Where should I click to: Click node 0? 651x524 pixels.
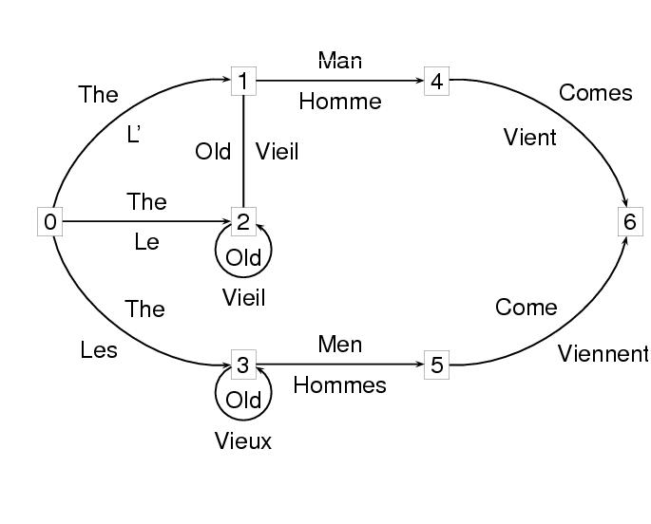pos(50,222)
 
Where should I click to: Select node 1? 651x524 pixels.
pos(243,81)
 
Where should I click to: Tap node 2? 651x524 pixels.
pos(243,222)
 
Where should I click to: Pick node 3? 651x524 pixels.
pos(243,365)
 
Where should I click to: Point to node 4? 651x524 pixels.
pos(436,81)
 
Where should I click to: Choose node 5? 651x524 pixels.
pos(436,365)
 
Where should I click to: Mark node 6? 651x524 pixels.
pos(628,222)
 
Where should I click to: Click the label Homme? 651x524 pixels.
pos(340,102)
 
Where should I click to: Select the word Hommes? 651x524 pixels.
pos(340,385)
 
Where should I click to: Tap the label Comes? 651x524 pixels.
pos(596,93)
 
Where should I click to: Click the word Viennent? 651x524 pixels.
pos(603,355)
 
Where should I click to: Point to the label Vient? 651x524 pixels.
pos(530,138)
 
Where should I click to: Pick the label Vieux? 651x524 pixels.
pos(243,441)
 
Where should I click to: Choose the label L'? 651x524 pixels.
pos(134,135)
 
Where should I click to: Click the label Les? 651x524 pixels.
pos(99,350)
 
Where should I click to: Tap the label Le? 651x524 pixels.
pos(146,242)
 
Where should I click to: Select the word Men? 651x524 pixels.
pos(340,344)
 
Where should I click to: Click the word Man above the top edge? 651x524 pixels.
pos(340,61)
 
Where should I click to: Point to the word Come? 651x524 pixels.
pos(527,308)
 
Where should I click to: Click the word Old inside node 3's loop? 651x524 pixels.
pos(243,400)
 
